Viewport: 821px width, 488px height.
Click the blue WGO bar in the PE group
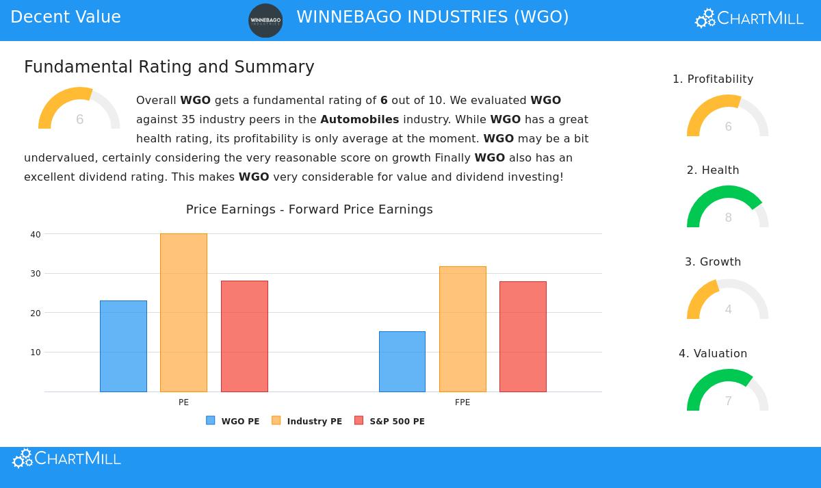tap(123, 346)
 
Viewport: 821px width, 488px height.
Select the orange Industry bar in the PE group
tap(183, 313)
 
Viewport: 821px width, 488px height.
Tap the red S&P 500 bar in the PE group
tap(244, 336)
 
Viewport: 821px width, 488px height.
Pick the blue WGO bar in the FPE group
tap(402, 361)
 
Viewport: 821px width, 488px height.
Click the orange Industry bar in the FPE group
tap(462, 329)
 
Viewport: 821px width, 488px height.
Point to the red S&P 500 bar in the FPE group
tap(523, 337)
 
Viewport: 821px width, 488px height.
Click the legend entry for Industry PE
tap(307, 421)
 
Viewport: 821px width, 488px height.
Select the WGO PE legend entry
tap(233, 421)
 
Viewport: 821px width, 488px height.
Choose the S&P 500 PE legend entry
tap(390, 421)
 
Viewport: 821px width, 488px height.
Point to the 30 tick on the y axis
tap(36, 274)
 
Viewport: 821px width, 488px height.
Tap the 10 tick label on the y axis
tap(36, 352)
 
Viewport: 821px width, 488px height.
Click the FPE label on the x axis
tap(462, 402)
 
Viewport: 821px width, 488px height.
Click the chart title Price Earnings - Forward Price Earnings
tap(309, 209)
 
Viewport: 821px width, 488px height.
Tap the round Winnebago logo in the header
tap(265, 21)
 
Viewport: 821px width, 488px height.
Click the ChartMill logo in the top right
tap(749, 18)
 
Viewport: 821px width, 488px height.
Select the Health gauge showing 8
tap(727, 208)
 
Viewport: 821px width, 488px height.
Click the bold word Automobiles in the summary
tap(359, 119)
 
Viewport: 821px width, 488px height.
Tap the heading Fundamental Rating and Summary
tap(169, 67)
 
